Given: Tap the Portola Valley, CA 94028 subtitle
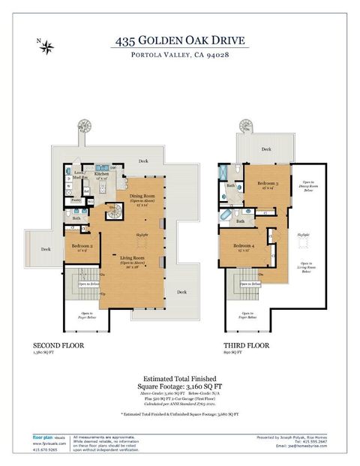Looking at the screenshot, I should pyautogui.click(x=180, y=56).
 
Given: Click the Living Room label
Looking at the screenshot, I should pyautogui.click(x=132, y=260).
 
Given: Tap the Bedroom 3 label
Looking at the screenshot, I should pyautogui.click(x=268, y=185).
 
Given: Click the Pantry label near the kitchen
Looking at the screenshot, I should pyautogui.click(x=76, y=200).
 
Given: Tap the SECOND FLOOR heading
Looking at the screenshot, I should pyautogui.click(x=58, y=346).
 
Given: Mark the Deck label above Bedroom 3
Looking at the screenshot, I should pyautogui.click(x=265, y=149).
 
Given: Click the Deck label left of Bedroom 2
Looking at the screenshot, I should pyautogui.click(x=46, y=249).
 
